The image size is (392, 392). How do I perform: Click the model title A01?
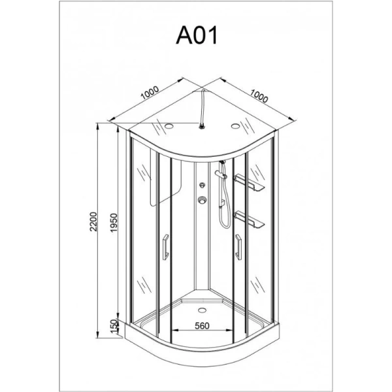[197, 36]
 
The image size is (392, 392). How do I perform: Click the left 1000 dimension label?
[150, 93]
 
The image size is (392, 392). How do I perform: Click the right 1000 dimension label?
[259, 96]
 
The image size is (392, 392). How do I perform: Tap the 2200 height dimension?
[93, 221]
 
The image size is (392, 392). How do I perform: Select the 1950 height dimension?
[114, 223]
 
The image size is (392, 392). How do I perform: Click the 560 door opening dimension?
[202, 326]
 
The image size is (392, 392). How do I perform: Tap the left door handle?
[165, 247]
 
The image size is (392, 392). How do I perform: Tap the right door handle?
[238, 247]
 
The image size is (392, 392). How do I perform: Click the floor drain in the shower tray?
[202, 310]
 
